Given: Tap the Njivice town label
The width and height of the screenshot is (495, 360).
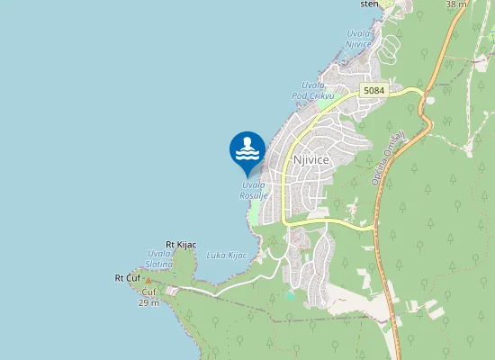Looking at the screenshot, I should pos(311,159).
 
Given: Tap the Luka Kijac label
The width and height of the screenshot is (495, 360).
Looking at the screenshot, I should pos(226,256).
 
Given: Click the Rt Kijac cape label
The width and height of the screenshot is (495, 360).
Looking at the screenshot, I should pos(181,245).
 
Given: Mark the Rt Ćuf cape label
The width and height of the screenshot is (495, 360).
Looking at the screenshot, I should pos(128,277).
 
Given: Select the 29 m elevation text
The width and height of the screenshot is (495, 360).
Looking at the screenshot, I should pos(148,303).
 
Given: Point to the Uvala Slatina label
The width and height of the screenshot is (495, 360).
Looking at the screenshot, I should pos(161,258).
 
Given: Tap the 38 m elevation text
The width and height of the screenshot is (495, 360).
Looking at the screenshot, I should pos(456,4).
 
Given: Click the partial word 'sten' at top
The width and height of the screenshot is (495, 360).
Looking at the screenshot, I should pos(370,4).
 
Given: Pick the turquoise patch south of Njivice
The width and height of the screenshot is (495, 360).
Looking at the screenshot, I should pos(290,294).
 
